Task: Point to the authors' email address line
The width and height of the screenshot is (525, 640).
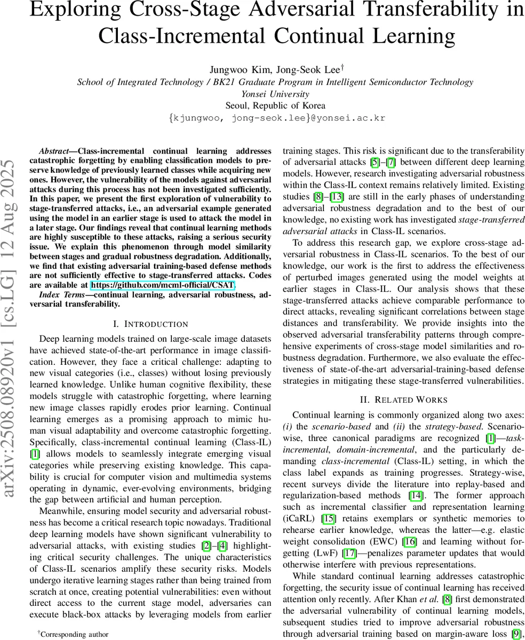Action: coord(276,118)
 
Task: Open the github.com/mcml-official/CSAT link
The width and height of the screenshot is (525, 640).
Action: coord(163,285)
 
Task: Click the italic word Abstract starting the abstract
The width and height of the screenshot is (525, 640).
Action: coord(57,151)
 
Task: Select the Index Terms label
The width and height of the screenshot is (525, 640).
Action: coord(61,294)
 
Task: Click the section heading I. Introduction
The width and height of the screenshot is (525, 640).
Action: coord(150,324)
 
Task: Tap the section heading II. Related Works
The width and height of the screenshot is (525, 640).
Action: coord(403,399)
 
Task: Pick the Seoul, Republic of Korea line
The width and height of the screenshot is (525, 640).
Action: coord(275,106)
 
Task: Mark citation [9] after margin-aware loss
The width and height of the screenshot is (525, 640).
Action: coord(515,634)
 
